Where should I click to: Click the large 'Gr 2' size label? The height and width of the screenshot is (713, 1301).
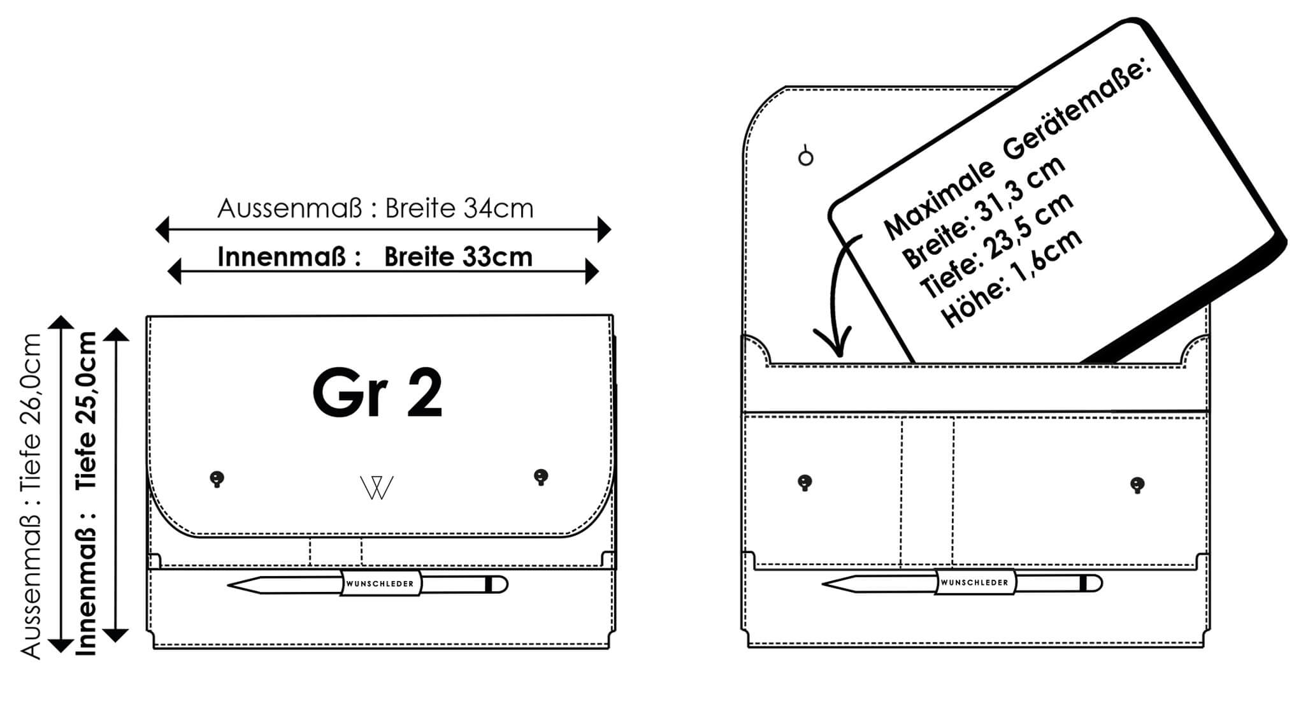tap(377, 394)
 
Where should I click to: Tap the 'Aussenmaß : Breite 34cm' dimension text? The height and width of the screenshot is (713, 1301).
tap(375, 208)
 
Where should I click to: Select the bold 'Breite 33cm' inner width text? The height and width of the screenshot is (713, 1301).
tap(458, 257)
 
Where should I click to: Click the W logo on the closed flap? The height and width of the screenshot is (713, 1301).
tap(377, 487)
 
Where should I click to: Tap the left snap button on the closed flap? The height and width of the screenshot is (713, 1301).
tap(217, 479)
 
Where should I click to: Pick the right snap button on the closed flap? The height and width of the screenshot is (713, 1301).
tap(541, 477)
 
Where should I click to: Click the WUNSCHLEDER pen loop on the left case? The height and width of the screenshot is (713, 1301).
tap(380, 583)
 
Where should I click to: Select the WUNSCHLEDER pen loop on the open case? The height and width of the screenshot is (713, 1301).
tap(975, 582)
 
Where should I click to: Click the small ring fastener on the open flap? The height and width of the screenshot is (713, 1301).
tap(806, 157)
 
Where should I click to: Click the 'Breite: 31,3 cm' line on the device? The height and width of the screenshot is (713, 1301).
tap(984, 211)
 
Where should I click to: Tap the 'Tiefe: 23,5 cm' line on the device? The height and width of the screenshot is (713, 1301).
tap(998, 245)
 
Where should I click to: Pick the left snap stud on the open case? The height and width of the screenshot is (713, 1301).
tap(805, 482)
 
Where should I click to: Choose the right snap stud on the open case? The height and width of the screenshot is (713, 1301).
tap(1137, 485)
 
